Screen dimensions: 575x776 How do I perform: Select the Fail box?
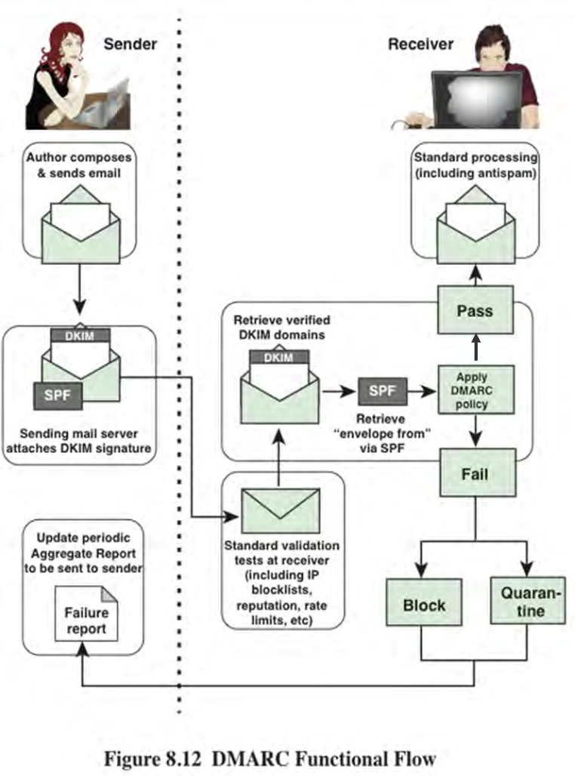(478, 473)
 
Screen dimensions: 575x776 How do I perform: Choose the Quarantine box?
(528, 600)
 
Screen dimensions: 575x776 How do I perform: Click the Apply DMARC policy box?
(476, 390)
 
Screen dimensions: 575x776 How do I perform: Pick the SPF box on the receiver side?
(383, 391)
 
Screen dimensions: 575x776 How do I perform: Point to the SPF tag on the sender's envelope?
(58, 396)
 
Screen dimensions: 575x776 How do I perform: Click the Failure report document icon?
(86, 614)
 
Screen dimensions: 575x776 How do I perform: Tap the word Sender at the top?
(130, 44)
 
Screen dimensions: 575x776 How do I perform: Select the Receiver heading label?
(420, 44)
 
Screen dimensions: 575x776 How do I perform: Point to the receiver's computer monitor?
(477, 99)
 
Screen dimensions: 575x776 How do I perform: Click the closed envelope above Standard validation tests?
(280, 511)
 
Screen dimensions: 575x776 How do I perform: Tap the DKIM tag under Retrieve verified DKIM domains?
(278, 357)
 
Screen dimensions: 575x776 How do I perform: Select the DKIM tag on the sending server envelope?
(80, 336)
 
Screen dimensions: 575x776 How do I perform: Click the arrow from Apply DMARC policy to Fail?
(475, 430)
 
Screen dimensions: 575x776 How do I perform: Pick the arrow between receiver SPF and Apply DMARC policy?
(422, 392)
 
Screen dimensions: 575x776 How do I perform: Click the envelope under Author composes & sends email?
(81, 224)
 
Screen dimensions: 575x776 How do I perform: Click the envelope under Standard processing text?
(475, 224)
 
